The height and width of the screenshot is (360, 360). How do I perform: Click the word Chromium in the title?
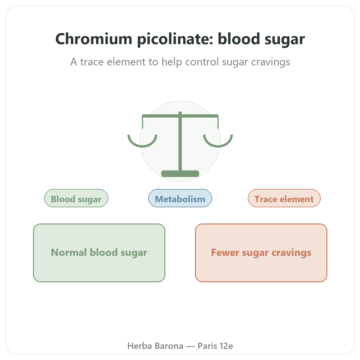[x=94, y=39]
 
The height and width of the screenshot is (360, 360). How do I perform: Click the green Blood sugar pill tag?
[x=76, y=198]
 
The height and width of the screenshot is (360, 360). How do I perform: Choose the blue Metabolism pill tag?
[x=180, y=198]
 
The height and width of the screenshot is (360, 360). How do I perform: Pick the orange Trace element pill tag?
[x=284, y=198]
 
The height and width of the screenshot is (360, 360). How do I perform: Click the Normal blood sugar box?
[x=99, y=253]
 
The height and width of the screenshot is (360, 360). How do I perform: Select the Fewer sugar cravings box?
[x=261, y=253]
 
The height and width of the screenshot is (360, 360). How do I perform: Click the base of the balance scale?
[x=180, y=174]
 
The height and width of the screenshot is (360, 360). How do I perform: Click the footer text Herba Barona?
[x=155, y=346]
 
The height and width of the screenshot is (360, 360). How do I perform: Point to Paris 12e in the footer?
[x=215, y=346]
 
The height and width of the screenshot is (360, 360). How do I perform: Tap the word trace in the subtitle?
[x=92, y=62]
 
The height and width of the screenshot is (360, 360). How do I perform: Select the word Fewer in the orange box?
[x=225, y=252]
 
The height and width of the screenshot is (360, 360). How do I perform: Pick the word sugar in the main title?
[x=285, y=40]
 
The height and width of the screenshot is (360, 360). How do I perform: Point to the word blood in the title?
[x=239, y=39]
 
